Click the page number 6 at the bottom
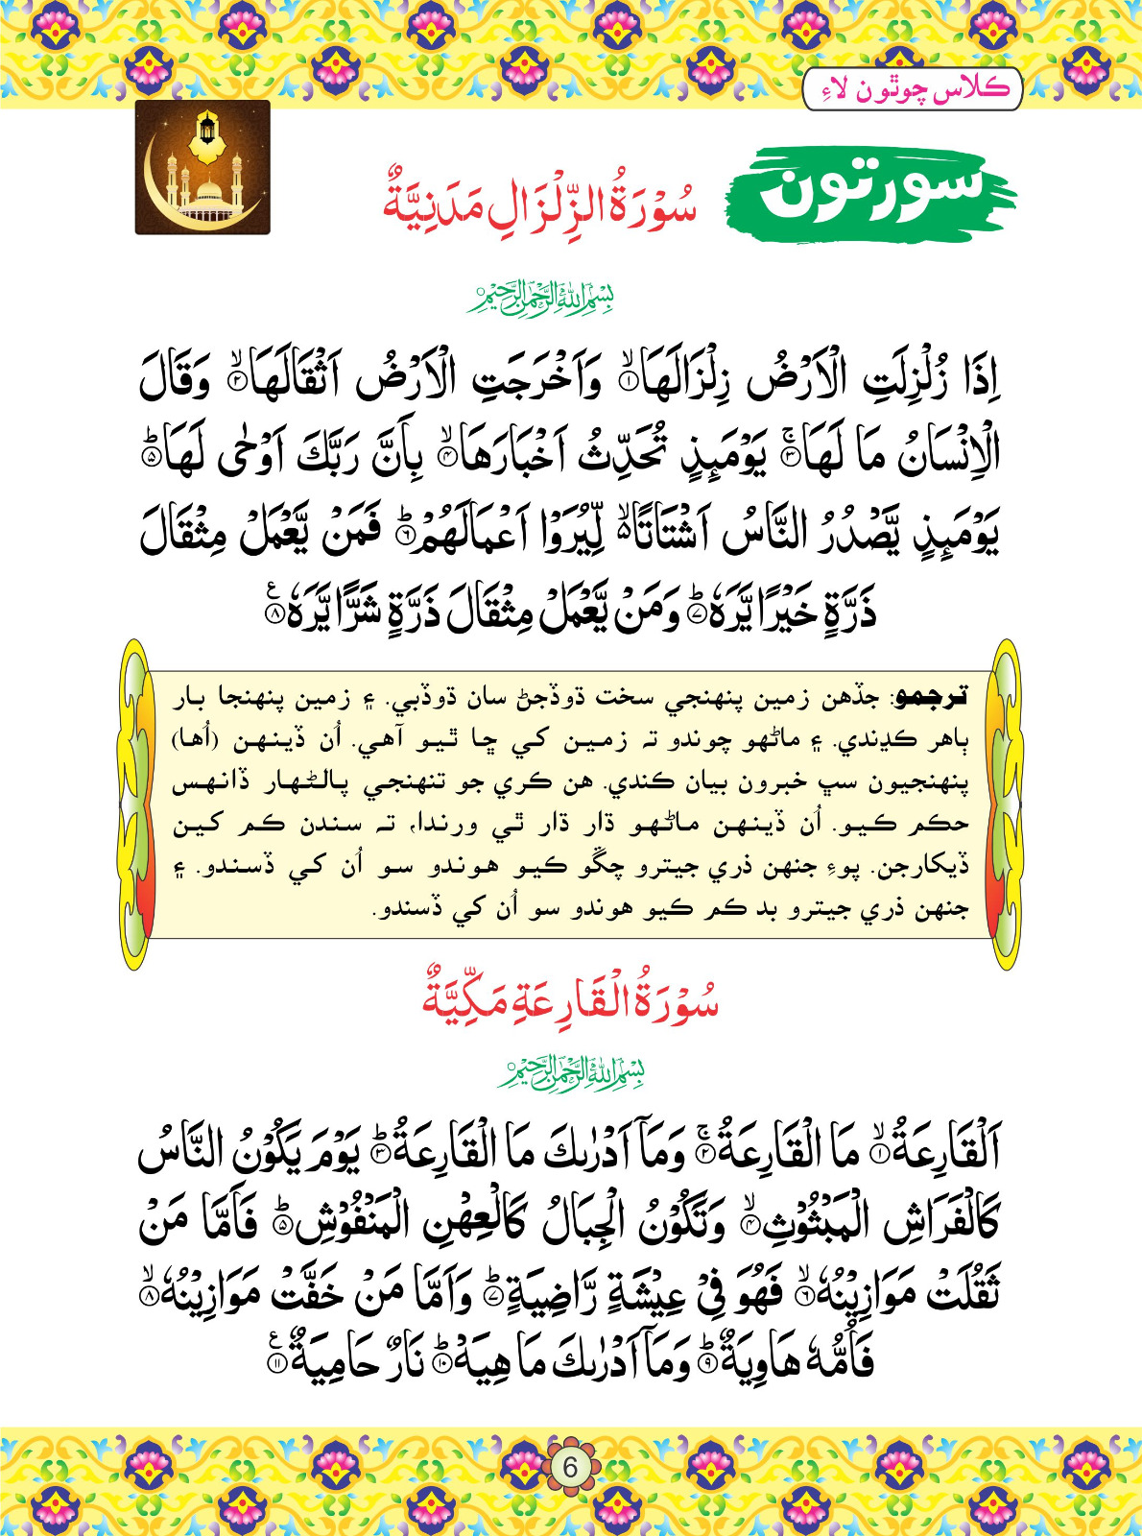click(571, 1468)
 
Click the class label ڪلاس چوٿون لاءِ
click(912, 90)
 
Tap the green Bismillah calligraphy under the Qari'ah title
click(571, 1071)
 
